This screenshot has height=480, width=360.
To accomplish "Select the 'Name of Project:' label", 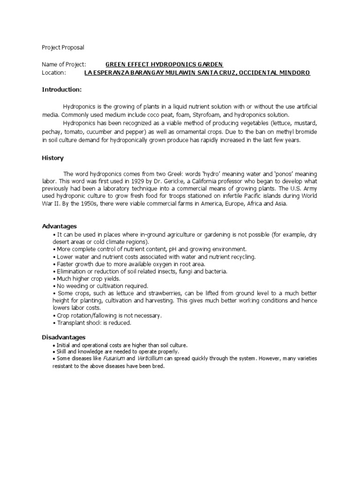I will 64,64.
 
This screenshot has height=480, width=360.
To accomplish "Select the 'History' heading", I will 53,158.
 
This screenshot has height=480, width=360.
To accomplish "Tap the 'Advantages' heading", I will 60,226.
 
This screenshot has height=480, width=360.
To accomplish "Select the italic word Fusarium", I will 114,359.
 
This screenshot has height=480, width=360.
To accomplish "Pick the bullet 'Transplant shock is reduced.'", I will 94,323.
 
